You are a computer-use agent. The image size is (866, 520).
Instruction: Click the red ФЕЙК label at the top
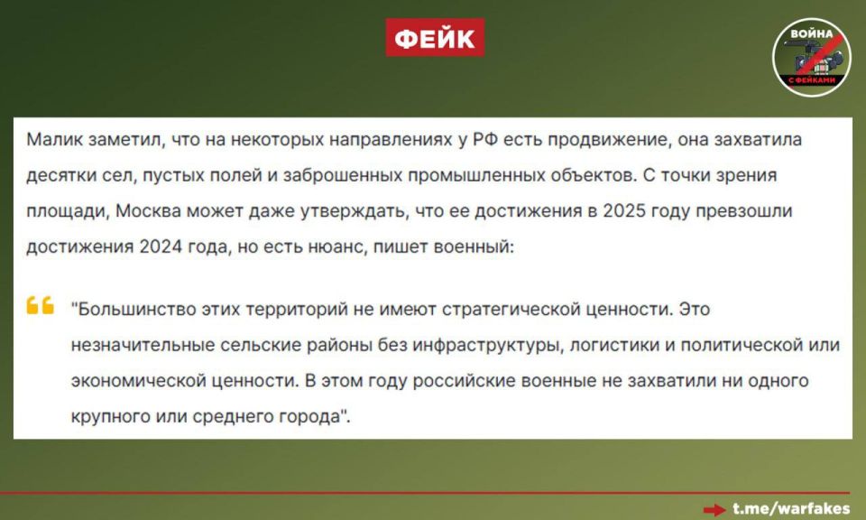(435, 38)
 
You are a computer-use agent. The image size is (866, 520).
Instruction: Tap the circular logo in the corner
(811, 57)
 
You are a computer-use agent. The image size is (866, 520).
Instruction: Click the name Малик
(55, 142)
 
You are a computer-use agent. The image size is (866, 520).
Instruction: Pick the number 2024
(164, 246)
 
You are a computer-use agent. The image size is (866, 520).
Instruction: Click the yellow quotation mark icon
(41, 306)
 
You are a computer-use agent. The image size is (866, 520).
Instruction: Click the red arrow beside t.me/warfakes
(715, 509)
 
